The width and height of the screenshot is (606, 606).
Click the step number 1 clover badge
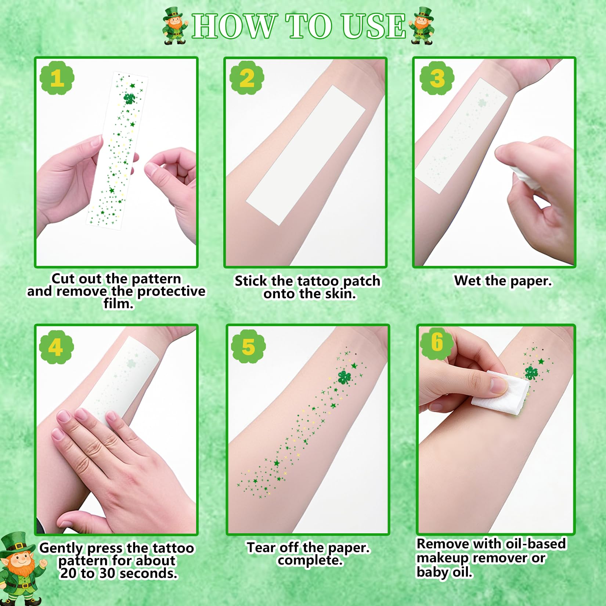(57, 78)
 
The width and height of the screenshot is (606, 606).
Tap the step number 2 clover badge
(247, 78)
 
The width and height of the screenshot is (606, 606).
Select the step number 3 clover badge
(437, 78)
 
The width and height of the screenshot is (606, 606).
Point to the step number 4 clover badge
(56, 347)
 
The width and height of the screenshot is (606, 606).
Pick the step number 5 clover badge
(248, 347)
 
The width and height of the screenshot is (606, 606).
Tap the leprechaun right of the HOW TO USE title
(422, 26)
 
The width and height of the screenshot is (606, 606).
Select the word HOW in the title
(234, 26)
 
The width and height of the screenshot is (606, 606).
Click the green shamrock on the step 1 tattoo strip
(129, 98)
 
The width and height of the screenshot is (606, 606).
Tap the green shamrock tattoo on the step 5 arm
(345, 377)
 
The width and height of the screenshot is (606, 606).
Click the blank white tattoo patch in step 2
(305, 155)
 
